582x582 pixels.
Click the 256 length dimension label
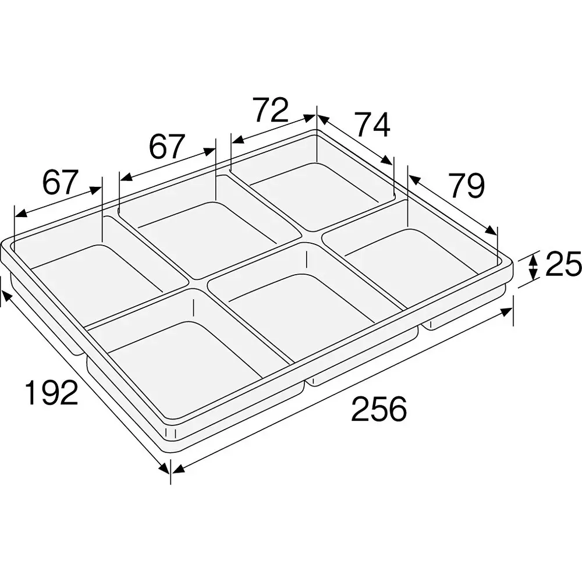coord(378,409)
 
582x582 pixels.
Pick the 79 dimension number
coord(466,186)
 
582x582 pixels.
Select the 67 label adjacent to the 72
coord(167,147)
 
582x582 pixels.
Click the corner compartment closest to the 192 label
coord(180,361)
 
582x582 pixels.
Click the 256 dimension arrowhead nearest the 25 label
coord(506,313)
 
